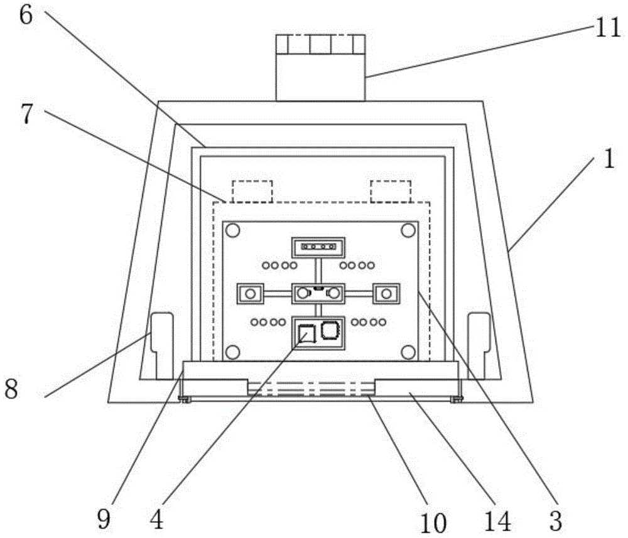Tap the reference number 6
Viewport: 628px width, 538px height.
click(26, 13)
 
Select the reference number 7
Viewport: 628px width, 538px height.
click(26, 117)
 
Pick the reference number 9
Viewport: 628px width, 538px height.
click(104, 519)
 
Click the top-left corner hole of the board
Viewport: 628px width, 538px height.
click(232, 231)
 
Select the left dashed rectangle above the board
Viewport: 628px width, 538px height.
click(252, 191)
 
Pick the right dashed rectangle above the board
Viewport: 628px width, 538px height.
click(390, 191)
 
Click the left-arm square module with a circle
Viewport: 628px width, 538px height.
click(250, 293)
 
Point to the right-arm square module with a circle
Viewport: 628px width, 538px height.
click(387, 293)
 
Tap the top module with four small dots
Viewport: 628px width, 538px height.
click(318, 247)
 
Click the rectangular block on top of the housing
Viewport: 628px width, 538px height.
click(320, 68)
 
